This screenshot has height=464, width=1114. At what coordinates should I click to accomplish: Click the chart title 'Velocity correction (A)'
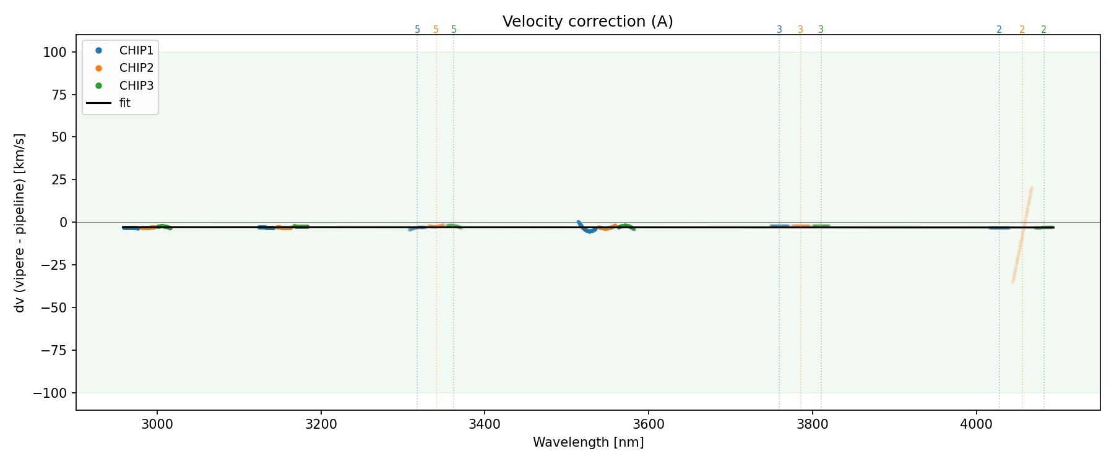pos(587,22)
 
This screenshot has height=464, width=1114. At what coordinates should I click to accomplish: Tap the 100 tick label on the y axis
pos(54,52)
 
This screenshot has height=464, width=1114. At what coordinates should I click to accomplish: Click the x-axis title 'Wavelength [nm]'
pos(588,442)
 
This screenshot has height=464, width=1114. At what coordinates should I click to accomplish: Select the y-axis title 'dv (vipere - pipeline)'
pos(20,223)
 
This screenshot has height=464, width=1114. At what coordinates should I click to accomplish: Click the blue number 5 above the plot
pos(417,30)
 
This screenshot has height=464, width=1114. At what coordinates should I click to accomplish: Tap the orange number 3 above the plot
pos(800,30)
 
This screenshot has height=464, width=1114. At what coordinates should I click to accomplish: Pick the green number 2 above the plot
pos(1043,30)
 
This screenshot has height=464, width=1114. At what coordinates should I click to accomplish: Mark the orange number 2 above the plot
pos(1022,30)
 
